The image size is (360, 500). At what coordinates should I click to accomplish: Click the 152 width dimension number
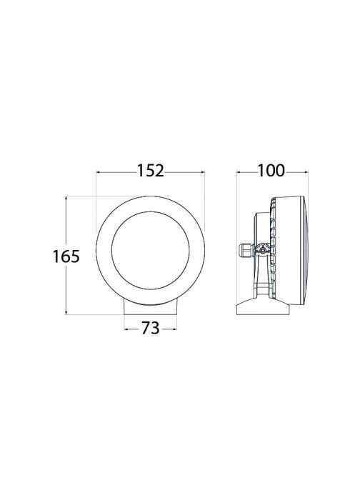(x=151, y=171)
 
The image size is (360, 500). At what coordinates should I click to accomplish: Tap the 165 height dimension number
(x=66, y=256)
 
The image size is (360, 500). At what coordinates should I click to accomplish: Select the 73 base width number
(x=151, y=328)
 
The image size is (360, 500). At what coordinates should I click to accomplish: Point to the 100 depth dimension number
(x=271, y=171)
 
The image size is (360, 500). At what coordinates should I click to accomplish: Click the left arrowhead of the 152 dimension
(x=98, y=172)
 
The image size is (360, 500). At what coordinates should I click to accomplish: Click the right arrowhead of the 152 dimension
(x=203, y=172)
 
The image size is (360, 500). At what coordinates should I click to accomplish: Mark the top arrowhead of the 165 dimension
(x=66, y=199)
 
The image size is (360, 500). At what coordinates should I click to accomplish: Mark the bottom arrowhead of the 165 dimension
(x=66, y=312)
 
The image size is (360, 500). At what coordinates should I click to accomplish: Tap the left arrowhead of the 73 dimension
(x=126, y=329)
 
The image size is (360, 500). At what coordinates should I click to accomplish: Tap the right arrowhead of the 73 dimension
(x=174, y=329)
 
